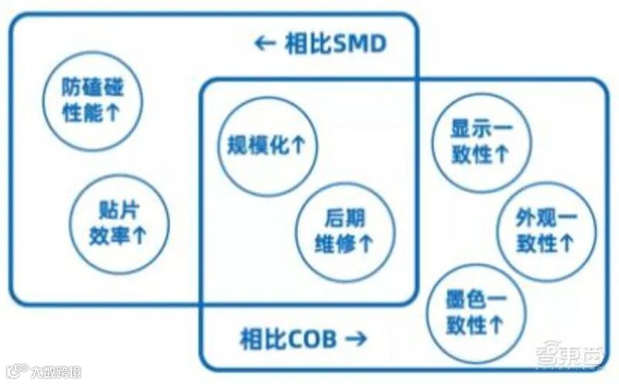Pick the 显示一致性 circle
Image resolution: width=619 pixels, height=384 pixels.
(x=480, y=142)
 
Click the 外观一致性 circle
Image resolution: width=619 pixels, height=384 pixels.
(x=545, y=231)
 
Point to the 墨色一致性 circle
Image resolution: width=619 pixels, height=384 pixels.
(x=475, y=310)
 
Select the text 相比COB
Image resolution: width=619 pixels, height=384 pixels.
(x=287, y=338)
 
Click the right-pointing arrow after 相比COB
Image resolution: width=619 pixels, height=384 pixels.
(x=355, y=338)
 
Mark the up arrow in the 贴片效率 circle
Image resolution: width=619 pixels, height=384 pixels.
(x=140, y=236)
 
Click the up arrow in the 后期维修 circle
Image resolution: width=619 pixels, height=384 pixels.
(x=366, y=244)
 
